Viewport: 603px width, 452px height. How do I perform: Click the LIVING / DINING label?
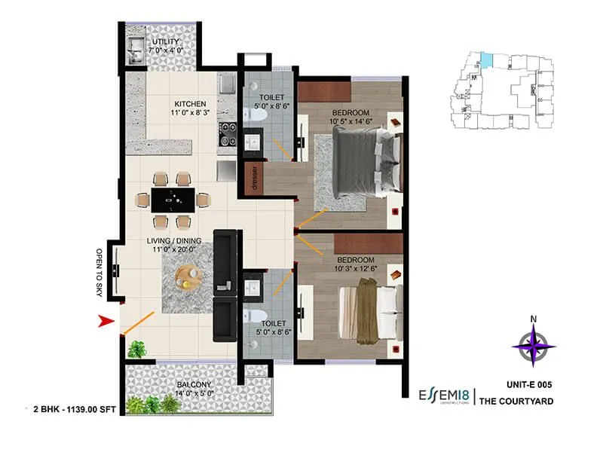pos(177,240)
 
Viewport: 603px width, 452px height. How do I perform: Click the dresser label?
pos(256,180)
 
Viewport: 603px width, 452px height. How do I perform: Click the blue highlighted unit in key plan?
pos(488,58)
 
